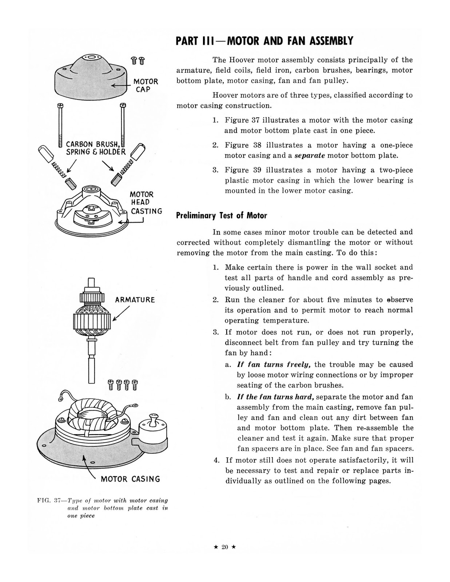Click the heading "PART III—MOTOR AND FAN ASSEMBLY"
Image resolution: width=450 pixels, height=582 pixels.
[264, 41]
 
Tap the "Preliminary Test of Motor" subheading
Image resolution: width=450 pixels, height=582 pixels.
[221, 215]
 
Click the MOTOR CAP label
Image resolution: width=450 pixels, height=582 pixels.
[146, 85]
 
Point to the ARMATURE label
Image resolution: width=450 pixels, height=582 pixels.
[135, 300]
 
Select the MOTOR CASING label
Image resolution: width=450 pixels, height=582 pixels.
[130, 479]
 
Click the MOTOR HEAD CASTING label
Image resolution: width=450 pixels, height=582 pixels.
[146, 203]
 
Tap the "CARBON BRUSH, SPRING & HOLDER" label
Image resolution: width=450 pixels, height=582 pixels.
[96, 148]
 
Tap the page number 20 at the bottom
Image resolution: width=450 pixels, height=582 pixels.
[224, 547]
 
